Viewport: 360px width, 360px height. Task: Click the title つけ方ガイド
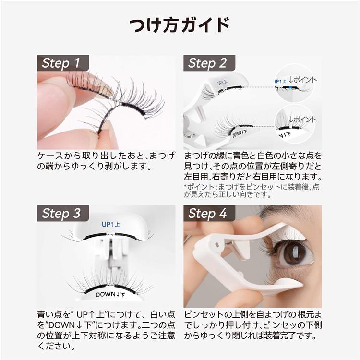click(x=180, y=25)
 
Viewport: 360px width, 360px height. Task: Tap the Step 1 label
click(x=61, y=63)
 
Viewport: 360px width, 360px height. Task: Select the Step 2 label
click(x=207, y=63)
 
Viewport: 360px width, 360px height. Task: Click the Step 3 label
click(x=61, y=213)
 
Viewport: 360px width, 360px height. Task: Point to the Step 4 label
click(x=207, y=213)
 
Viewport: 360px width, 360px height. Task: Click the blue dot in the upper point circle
click(x=291, y=87)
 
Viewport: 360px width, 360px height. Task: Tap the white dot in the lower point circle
click(x=290, y=127)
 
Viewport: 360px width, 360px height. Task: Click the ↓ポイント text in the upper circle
click(x=302, y=80)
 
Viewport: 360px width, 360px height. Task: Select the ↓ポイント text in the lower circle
click(x=302, y=120)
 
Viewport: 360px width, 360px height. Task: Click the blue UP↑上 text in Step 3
click(x=111, y=224)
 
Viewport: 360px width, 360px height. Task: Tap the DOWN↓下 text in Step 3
click(x=110, y=295)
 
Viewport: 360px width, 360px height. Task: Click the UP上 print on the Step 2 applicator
click(x=222, y=82)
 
